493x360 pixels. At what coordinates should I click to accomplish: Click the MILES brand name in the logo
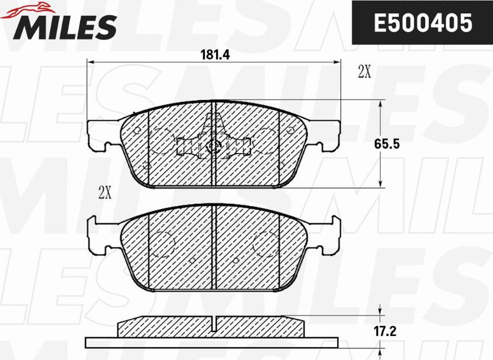tap(64, 27)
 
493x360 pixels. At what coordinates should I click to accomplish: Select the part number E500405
tap(423, 23)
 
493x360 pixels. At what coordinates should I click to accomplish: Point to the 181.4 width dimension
tap(216, 55)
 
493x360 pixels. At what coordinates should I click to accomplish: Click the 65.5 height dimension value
tap(387, 144)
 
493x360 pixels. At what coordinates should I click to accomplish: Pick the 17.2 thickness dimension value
tap(385, 331)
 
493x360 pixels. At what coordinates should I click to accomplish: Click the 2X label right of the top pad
tap(364, 72)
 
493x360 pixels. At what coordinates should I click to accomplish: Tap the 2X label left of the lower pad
tap(105, 192)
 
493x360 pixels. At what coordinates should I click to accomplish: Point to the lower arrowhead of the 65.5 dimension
tap(380, 183)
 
